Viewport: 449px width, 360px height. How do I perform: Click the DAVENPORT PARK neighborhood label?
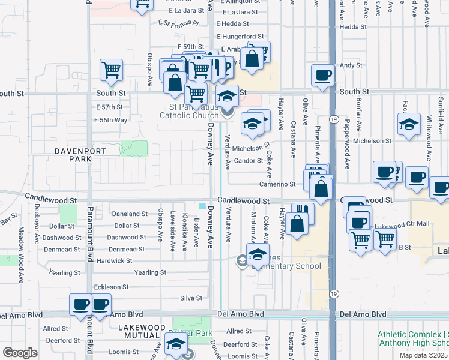[x=71, y=155]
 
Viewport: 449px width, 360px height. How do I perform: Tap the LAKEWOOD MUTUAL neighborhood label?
[x=141, y=331]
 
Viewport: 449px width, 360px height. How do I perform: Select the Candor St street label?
[x=249, y=161]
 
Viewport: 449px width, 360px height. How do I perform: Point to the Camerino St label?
[x=277, y=184]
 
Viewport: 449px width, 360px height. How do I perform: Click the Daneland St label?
[x=130, y=214]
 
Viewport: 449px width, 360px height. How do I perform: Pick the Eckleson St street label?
[x=111, y=287]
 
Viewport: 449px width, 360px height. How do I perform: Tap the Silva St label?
[x=191, y=298]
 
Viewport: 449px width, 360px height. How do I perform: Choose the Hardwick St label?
[x=114, y=261]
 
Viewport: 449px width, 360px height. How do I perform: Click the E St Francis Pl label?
[x=178, y=23]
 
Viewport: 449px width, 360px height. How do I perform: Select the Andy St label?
[x=351, y=65]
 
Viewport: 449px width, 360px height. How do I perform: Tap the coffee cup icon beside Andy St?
[x=322, y=75]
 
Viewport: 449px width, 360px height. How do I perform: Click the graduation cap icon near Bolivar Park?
[x=176, y=344]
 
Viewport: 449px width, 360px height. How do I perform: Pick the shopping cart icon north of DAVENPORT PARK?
[x=112, y=70]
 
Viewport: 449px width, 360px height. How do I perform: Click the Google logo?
[x=20, y=352]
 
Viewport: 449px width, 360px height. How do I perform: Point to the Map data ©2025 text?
[x=423, y=355]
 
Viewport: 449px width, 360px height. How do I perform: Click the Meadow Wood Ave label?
[x=20, y=262]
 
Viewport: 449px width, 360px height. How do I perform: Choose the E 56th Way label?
[x=111, y=120]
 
